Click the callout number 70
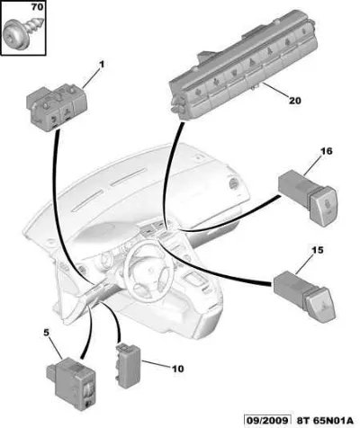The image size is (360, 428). coord(37,6)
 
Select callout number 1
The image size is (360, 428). coord(102,64)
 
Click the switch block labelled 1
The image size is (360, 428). coord(58,105)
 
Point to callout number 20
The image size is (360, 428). coord(294,101)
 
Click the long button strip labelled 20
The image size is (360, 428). coord(243,65)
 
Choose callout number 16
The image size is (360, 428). coord(327,151)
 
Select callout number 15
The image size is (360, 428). coord(318,249)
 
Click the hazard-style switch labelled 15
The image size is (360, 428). coord(304,297)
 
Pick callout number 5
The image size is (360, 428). coord(47,333)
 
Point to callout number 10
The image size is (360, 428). coord(178,369)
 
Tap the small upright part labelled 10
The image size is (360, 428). coord(128,365)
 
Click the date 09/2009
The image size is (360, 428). coord(267,420)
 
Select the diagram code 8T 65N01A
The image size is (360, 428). coord(325,420)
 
